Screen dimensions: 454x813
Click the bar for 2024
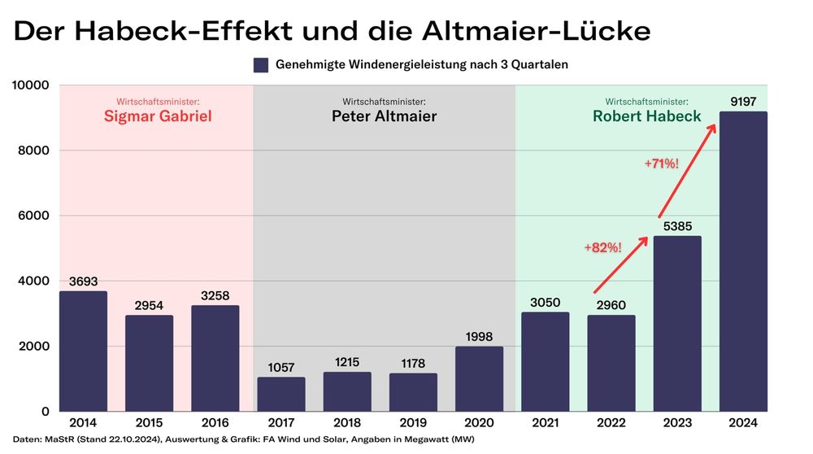pyautogui.click(x=743, y=261)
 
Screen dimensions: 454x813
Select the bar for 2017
pyautogui.click(x=281, y=394)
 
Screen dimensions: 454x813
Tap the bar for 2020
pyautogui.click(x=479, y=378)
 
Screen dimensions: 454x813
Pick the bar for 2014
pyautogui.click(x=83, y=351)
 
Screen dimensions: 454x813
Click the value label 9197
pyautogui.click(x=743, y=103)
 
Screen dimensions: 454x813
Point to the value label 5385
pyautogui.click(x=677, y=227)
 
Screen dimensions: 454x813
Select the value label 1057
pyautogui.click(x=281, y=368)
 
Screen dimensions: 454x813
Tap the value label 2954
pyautogui.click(x=149, y=306)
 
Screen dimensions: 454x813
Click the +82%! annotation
pyautogui.click(x=602, y=247)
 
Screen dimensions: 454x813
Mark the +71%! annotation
pyautogui.click(x=661, y=164)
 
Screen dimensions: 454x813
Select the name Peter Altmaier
pyautogui.click(x=384, y=116)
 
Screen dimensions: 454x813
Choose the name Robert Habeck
pyautogui.click(x=646, y=116)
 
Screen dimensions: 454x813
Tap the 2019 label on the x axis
pyautogui.click(x=413, y=423)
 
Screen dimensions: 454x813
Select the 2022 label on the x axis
pyautogui.click(x=611, y=423)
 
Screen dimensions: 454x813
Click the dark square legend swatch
pyautogui.click(x=260, y=65)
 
